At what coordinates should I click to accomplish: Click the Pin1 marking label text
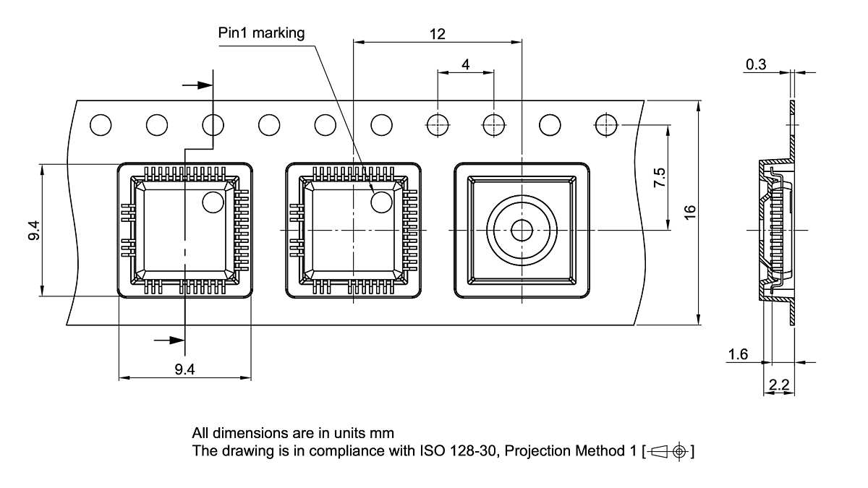click(261, 33)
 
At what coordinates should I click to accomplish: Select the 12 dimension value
click(437, 34)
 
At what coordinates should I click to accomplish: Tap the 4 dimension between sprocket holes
click(465, 64)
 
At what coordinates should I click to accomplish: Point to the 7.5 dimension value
click(660, 177)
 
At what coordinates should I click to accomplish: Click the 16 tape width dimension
click(690, 213)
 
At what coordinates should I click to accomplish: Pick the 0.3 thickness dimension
click(756, 65)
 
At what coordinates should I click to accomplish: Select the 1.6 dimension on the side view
click(739, 354)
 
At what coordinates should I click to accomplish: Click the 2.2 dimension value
click(779, 385)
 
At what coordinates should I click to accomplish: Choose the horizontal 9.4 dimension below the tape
click(184, 369)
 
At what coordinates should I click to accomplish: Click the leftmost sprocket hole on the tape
click(101, 125)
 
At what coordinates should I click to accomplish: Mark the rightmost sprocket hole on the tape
click(605, 125)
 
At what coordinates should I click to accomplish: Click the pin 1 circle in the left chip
click(213, 202)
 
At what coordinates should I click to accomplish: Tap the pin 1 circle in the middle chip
click(381, 202)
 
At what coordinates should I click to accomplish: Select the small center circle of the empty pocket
click(521, 231)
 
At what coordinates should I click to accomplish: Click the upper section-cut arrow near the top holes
click(197, 85)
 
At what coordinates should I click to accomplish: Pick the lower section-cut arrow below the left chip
click(169, 339)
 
